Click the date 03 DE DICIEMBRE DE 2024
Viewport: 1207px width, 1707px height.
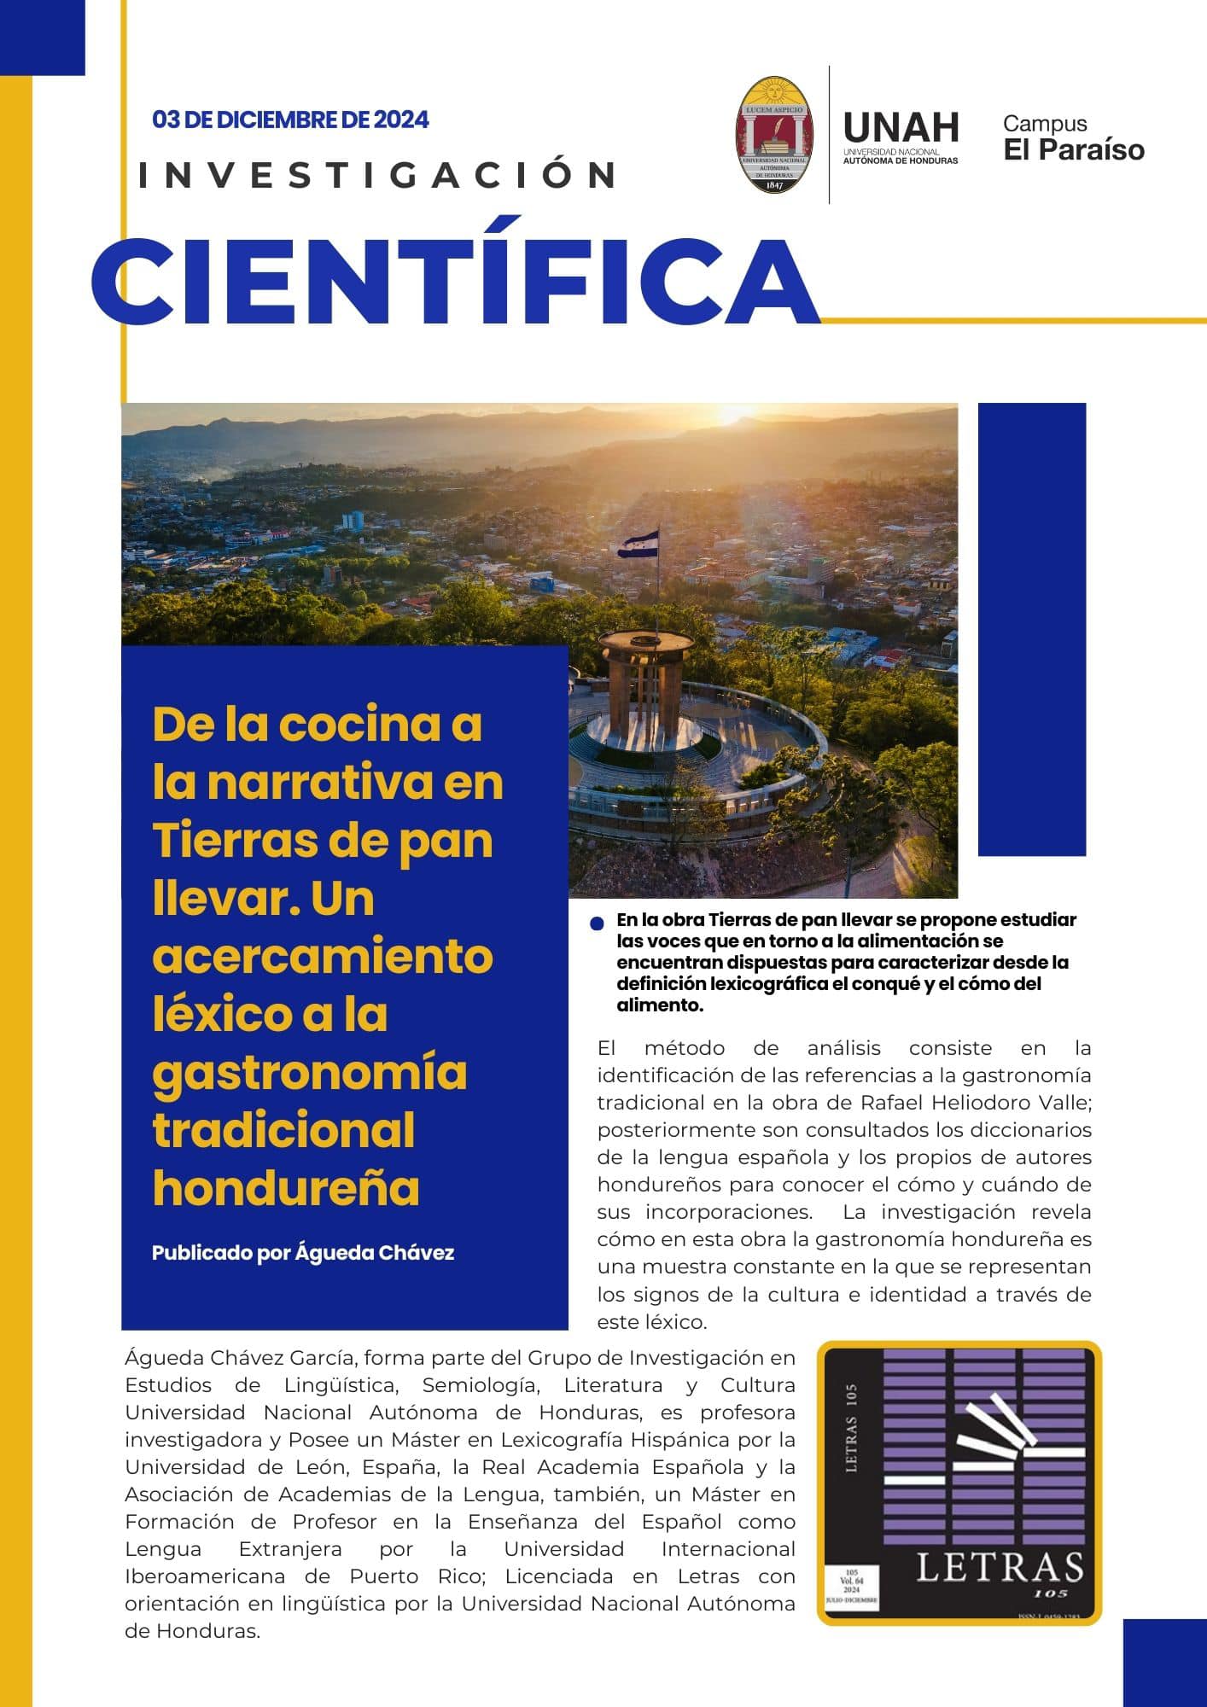[290, 119]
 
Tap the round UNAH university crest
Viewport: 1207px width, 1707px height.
[774, 134]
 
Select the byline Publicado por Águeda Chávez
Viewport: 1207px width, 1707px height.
[303, 1253]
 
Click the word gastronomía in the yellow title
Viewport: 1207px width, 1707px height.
[310, 1073]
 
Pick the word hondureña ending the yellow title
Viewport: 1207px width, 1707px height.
[286, 1187]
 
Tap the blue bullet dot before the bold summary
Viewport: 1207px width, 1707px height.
[598, 923]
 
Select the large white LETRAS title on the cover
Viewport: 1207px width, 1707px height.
[1000, 1568]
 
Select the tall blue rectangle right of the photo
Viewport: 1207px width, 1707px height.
[1031, 629]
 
